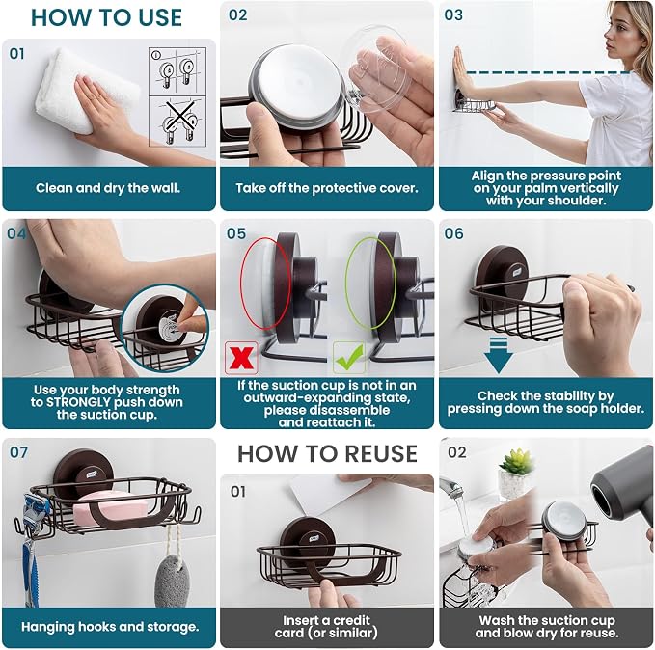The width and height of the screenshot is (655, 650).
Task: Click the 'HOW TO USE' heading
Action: click(106, 17)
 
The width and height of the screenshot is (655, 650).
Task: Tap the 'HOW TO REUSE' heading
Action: click(328, 453)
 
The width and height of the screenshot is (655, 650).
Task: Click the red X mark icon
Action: click(241, 358)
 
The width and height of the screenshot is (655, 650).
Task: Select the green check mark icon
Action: click(349, 358)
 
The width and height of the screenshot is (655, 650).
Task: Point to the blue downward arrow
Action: click(498, 355)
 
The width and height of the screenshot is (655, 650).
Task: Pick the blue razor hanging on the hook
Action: click(30, 547)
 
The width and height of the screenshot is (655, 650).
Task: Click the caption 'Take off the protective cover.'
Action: click(327, 188)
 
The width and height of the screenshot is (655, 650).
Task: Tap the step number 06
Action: click(453, 233)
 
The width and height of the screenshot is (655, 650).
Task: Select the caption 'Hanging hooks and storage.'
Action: click(110, 627)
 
